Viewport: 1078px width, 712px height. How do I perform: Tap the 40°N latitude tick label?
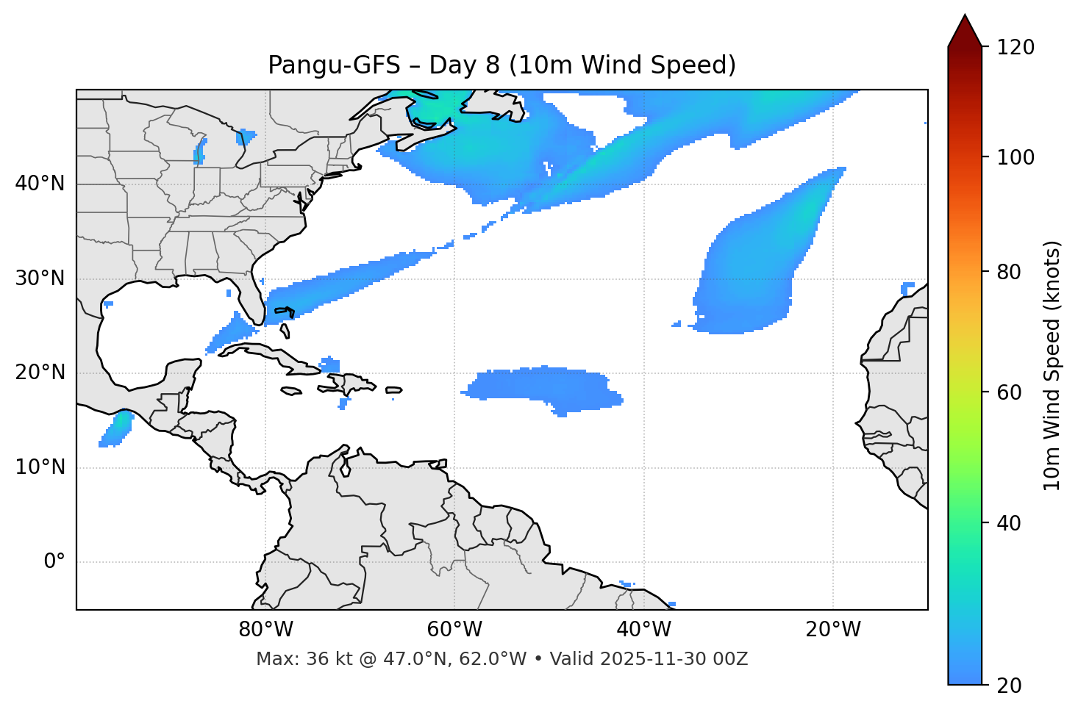tap(40, 184)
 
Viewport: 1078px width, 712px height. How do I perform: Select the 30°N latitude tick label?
tap(40, 278)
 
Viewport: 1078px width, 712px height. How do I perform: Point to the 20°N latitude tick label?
tap(40, 373)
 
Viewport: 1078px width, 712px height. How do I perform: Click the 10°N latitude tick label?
tap(40, 467)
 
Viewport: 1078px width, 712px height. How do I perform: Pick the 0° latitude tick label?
tap(54, 562)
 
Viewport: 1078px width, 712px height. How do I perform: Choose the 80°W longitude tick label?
tap(265, 630)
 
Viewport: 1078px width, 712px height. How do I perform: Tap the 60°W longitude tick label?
tap(454, 630)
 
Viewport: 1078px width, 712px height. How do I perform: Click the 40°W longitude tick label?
tap(643, 630)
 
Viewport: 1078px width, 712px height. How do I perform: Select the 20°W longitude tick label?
tap(832, 630)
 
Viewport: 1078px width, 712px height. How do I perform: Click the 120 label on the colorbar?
tap(1015, 48)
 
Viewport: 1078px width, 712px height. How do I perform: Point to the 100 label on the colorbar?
tap(1015, 157)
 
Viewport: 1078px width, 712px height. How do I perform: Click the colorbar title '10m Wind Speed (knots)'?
tap(1052, 365)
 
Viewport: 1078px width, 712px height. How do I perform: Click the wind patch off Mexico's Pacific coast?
tap(116, 430)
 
